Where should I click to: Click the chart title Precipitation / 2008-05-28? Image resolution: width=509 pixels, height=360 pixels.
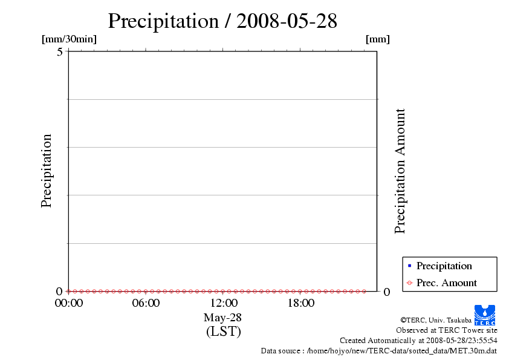coord(222,21)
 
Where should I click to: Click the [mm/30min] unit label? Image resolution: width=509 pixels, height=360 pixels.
coord(69,39)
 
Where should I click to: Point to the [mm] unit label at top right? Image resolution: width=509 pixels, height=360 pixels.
coord(378,39)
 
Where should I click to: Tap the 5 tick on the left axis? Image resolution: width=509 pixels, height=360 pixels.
coord(60,51)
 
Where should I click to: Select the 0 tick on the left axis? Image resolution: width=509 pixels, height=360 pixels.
coord(60,291)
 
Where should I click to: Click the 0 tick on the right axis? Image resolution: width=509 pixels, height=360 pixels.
coord(387,292)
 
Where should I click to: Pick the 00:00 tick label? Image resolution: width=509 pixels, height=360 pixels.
coord(69,303)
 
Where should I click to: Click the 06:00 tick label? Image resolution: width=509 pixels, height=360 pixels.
coord(146,303)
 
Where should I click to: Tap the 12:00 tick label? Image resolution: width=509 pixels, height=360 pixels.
coord(223,303)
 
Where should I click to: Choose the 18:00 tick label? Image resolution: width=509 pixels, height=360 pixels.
coord(300,303)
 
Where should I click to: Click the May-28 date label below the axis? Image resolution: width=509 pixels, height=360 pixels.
coord(222,318)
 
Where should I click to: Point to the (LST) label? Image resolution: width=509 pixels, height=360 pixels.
coord(223,332)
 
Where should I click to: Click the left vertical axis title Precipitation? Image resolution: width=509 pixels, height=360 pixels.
coord(47,171)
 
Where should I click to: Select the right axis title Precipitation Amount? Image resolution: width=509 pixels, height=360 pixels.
coord(400,171)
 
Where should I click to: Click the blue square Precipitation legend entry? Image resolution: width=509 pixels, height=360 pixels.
coord(443,266)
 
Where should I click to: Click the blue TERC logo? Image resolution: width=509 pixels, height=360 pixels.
coord(485,315)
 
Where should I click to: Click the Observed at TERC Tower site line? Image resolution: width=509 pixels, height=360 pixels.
coord(447,330)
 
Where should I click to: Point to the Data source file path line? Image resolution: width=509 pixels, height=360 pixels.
coord(379,350)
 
